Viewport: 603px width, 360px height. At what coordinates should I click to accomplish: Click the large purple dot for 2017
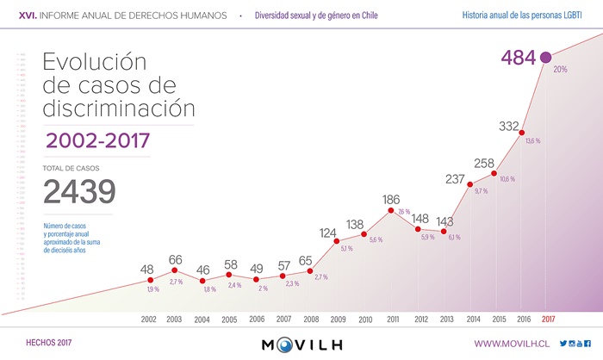tap(545, 58)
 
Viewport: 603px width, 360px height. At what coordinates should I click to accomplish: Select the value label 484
tap(518, 58)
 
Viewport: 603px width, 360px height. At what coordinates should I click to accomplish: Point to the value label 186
tap(392, 199)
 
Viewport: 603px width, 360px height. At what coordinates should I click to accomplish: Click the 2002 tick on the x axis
tap(149, 319)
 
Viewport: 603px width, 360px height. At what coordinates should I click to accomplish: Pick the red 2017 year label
tap(548, 319)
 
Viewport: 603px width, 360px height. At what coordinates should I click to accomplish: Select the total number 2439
tap(79, 192)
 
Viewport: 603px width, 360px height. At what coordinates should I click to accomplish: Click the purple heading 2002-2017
tap(98, 140)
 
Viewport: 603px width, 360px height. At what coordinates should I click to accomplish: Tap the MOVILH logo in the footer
tap(301, 344)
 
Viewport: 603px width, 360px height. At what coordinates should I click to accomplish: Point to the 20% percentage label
tap(560, 69)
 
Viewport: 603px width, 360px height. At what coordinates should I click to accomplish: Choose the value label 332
tap(508, 127)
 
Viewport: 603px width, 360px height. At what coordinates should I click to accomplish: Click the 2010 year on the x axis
tap(364, 319)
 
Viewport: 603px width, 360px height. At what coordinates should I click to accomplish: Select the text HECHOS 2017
tap(49, 344)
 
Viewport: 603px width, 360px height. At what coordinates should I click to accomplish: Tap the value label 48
tap(147, 270)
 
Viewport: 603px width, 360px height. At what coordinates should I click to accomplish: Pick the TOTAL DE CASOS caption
tap(71, 167)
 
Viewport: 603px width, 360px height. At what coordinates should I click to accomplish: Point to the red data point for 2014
tap(469, 183)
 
